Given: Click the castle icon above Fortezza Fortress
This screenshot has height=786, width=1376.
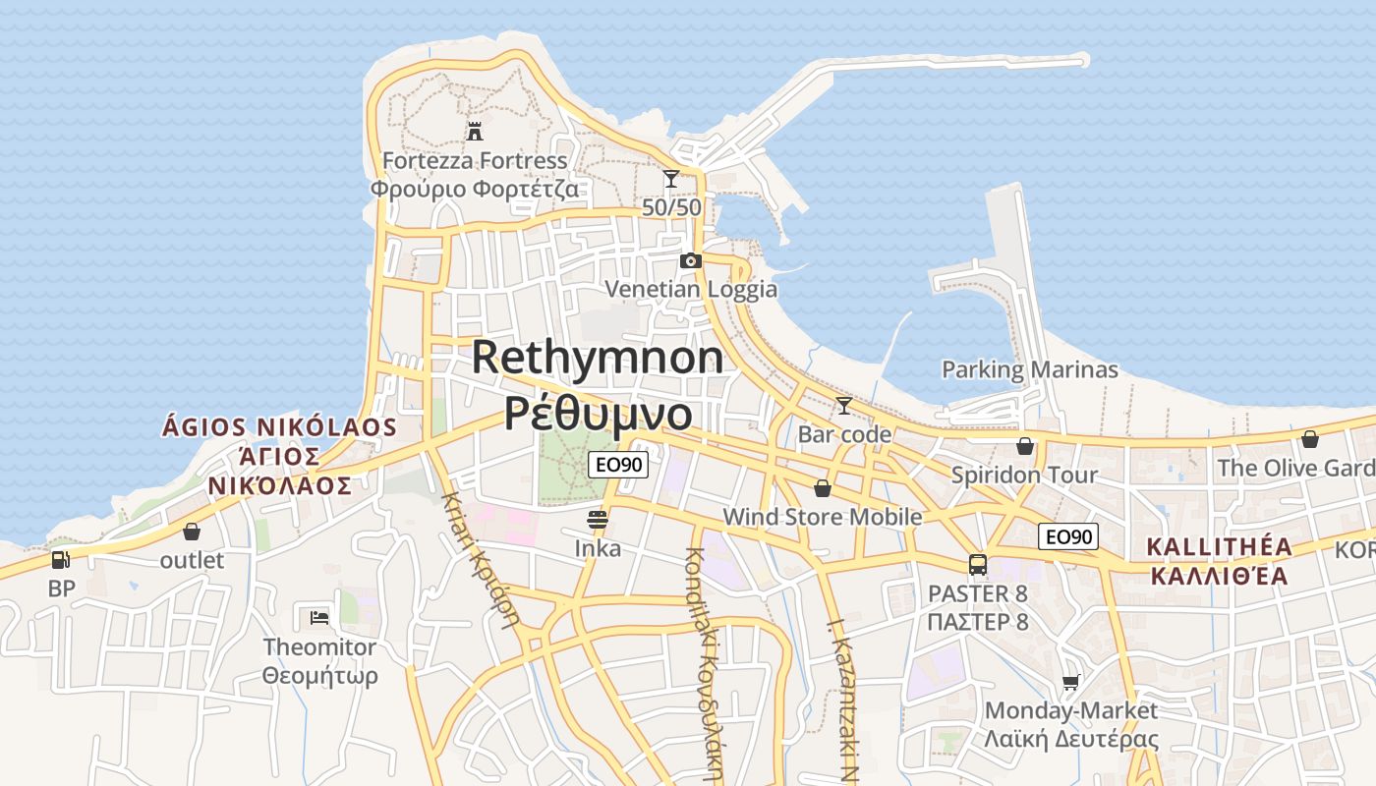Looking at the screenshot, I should tap(475, 131).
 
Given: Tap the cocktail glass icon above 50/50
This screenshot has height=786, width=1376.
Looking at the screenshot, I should tap(671, 178).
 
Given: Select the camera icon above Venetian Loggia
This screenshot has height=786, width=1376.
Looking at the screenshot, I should tap(691, 260).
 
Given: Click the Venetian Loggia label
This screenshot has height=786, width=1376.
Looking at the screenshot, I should tap(691, 289).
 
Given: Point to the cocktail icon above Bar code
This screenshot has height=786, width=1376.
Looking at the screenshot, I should tap(843, 405).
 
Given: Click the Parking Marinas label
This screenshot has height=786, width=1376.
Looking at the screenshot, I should tap(1030, 370).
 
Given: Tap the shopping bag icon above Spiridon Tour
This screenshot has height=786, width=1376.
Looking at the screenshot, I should tap(1025, 446).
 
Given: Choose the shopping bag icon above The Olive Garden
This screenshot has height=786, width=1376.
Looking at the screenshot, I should tap(1309, 439).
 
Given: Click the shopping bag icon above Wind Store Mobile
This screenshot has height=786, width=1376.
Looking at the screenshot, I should tap(823, 488).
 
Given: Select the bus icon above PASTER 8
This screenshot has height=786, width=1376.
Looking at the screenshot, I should tap(978, 565).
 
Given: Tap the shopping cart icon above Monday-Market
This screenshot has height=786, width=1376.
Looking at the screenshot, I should tap(1071, 682).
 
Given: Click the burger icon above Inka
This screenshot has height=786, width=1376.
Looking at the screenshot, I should tap(598, 519).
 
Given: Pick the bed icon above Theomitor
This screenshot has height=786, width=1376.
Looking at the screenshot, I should tap(319, 618).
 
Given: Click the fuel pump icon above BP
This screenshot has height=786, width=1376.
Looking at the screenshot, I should tap(61, 560).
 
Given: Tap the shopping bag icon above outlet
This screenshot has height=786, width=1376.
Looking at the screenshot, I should tap(192, 532).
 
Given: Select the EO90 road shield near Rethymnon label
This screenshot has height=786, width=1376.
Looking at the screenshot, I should tap(619, 465).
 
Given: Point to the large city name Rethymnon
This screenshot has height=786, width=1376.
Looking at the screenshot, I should tap(598, 357).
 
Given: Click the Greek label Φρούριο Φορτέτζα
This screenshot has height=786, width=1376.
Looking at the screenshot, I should tap(475, 189).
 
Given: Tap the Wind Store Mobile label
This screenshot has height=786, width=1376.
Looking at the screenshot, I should tap(823, 517).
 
